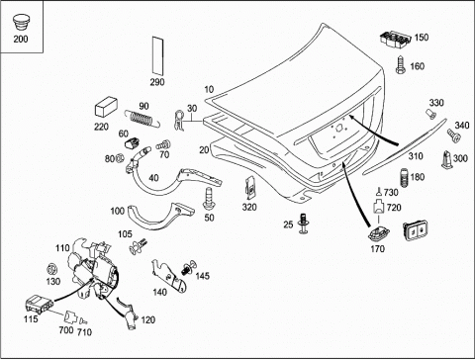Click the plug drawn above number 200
click(21, 23)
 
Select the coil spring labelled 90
click(142, 119)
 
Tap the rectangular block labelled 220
click(106, 107)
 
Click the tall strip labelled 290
click(157, 55)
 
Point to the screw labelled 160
click(401, 65)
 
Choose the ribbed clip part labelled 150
click(395, 40)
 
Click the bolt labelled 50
click(209, 199)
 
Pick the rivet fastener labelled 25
click(303, 224)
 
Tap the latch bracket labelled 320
click(250, 188)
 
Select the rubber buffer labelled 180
click(404, 178)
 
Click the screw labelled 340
click(454, 135)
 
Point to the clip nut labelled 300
click(446, 159)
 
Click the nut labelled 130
click(51, 269)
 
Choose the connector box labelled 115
click(39, 304)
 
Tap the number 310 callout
click(416, 156)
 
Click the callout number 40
click(153, 178)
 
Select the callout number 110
click(62, 248)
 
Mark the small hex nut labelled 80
click(120, 158)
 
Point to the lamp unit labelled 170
click(378, 234)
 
